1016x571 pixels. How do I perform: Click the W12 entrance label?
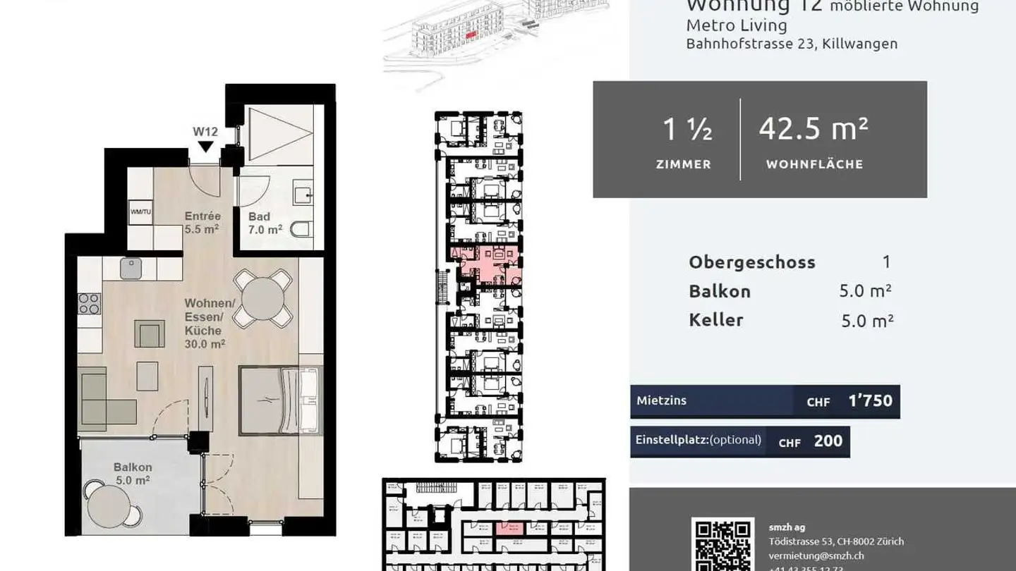pos(205,131)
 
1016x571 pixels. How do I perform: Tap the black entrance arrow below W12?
pos(205,147)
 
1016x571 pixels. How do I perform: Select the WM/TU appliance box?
pos(140,211)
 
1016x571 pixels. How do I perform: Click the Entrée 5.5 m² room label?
pos(202,222)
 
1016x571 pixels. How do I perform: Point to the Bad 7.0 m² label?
pos(265,223)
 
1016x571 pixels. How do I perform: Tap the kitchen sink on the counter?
pos(131,269)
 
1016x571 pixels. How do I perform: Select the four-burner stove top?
pos(90,304)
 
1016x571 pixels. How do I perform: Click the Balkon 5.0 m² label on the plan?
pos(133,474)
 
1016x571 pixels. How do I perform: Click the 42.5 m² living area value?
pos(814,129)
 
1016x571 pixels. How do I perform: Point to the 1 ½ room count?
pos(687,129)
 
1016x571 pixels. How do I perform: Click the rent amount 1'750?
pos(870,401)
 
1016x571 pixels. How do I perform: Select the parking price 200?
pos(828,441)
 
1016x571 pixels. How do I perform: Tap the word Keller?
pos(716,320)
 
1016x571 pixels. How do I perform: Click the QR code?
pos(722,545)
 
